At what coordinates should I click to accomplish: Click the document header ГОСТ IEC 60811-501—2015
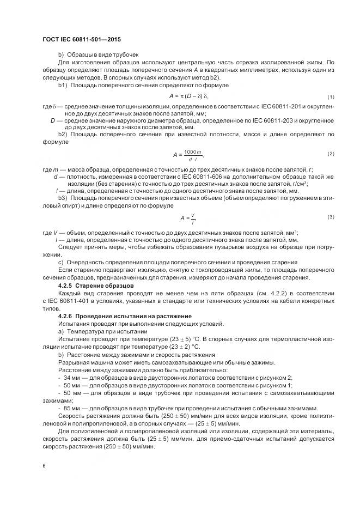point(81,40)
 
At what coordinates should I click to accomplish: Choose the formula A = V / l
point(188,218)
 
